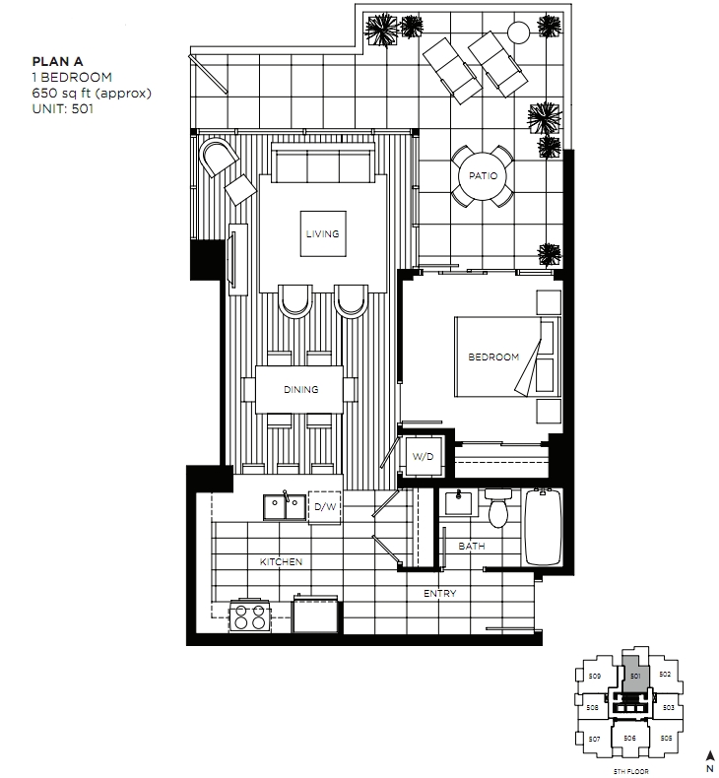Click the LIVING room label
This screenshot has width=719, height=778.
pyautogui.click(x=322, y=234)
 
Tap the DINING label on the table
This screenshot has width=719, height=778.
pyautogui.click(x=300, y=390)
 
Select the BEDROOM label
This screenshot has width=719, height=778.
pyautogui.click(x=492, y=357)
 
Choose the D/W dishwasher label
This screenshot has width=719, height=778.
pyautogui.click(x=324, y=508)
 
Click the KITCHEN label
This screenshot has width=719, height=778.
pyautogui.click(x=281, y=561)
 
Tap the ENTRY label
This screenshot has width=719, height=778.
pyautogui.click(x=439, y=594)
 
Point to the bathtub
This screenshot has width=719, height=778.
pyautogui.click(x=545, y=528)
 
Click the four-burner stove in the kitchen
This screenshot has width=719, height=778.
pyautogui.click(x=249, y=616)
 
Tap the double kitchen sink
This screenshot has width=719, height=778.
pyautogui.click(x=284, y=506)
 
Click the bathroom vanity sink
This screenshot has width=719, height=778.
pyautogui.click(x=458, y=504)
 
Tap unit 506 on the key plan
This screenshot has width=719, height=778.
pyautogui.click(x=629, y=738)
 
